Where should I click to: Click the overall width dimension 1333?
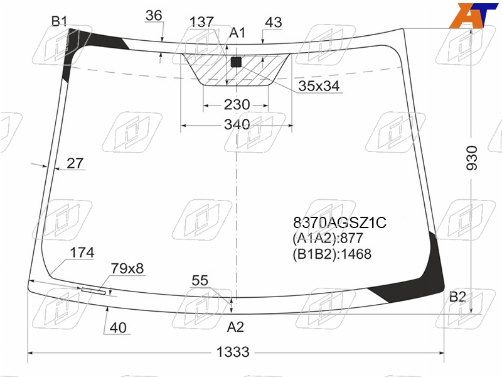pyautogui.click(x=233, y=352)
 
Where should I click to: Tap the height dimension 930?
pyautogui.click(x=472, y=158)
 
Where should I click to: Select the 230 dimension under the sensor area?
pyautogui.click(x=237, y=104)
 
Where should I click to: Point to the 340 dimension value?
pyautogui.click(x=237, y=124)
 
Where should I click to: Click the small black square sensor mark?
pyautogui.click(x=236, y=62)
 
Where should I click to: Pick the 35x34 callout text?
pyautogui.click(x=319, y=86)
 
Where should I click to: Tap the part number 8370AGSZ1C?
pyautogui.click(x=339, y=222)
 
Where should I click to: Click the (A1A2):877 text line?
pyautogui.click(x=328, y=238)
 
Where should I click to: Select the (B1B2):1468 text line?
pyautogui.click(x=332, y=254)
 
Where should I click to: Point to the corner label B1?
pyautogui.click(x=59, y=21)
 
